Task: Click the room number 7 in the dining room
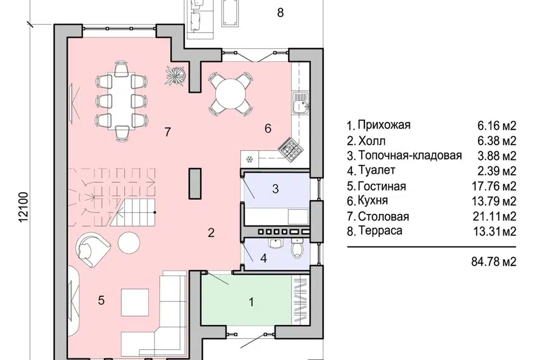[167, 132]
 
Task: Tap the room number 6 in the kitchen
[268, 129]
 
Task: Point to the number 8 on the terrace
[280, 13]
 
